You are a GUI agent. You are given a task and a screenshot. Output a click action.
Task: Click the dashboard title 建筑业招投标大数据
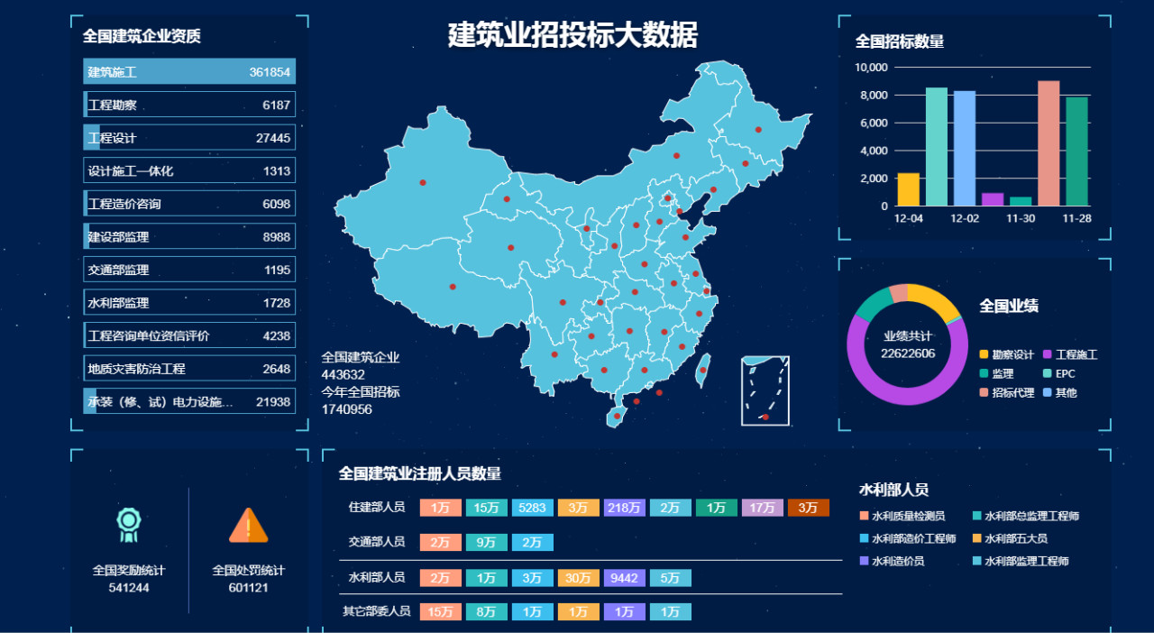572,35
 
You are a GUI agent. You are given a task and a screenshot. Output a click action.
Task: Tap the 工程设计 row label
112,138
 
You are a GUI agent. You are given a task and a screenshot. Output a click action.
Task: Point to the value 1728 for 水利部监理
277,303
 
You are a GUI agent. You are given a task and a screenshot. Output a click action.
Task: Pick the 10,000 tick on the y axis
872,68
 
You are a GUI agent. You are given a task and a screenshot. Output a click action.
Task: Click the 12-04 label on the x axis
908,219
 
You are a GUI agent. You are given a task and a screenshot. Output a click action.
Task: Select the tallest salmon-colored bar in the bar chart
1049,143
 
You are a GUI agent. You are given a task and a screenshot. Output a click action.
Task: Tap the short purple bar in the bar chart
993,199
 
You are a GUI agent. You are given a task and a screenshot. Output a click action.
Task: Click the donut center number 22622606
908,353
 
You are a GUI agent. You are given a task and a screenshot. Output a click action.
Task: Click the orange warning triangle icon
248,526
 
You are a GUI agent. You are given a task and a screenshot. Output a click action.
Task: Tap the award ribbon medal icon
129,525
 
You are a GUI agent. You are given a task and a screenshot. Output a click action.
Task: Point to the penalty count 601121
248,587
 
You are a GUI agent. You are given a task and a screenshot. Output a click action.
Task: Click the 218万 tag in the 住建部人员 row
624,508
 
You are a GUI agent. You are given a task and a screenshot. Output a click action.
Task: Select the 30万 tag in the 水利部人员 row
578,578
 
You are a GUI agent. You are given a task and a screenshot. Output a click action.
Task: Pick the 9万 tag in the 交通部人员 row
486,543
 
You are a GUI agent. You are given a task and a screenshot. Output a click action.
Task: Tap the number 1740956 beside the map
347,409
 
